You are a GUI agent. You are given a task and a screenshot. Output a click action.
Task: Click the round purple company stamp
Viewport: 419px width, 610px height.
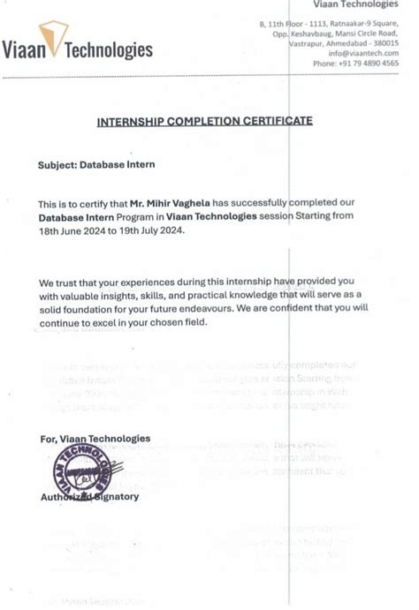(x=81, y=469)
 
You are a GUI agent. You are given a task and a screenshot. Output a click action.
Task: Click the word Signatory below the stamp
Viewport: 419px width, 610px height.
(x=115, y=496)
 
